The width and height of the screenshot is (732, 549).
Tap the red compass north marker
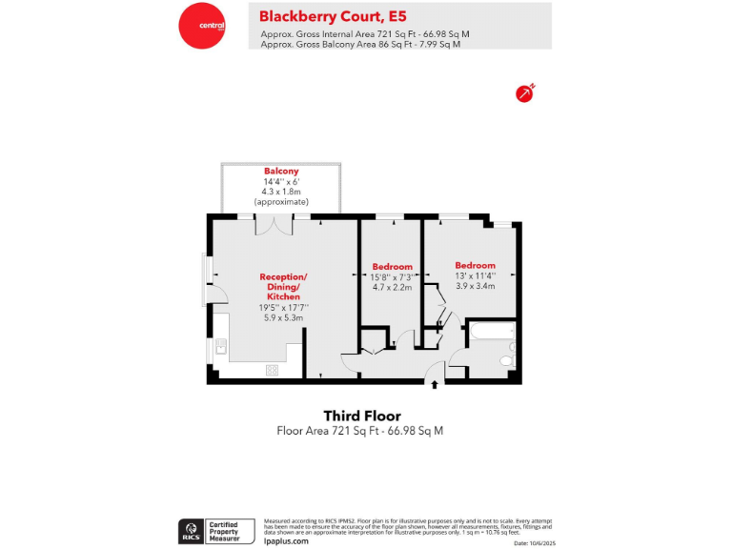coord(524,92)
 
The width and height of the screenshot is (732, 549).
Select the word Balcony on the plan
coord(281,172)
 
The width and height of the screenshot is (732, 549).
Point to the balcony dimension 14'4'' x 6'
coord(281,182)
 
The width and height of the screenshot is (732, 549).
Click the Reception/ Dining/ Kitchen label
coord(283,286)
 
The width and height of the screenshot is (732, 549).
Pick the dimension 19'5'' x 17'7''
coord(283,307)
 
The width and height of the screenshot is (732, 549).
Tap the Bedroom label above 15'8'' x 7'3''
coord(392,266)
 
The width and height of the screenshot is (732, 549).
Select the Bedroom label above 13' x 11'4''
coord(475,265)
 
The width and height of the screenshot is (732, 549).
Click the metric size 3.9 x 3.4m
coord(475,286)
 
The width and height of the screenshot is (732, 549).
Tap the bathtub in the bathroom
coord(490,334)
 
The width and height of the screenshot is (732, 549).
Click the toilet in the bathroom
coord(506,361)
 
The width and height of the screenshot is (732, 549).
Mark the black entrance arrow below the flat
coord(436,384)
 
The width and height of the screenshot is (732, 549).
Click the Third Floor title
coord(361,417)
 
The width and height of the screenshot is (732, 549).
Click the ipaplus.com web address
coord(286,540)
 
